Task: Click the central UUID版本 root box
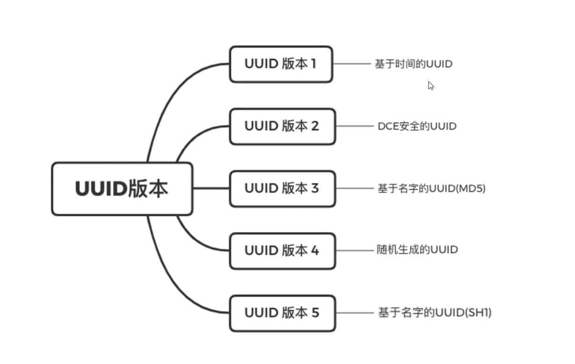coord(122,189)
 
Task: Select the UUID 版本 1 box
coord(280,64)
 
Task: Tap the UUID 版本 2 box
coord(282,126)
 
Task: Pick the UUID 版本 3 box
coord(282,188)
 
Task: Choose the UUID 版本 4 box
coord(282,251)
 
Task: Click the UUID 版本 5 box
coord(282,313)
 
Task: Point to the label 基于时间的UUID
coord(414,64)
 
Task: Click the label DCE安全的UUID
coord(417,126)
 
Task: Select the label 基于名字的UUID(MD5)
coord(431,189)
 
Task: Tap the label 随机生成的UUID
coord(417,250)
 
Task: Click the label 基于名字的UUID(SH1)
coord(435,313)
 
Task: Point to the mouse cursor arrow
coord(430,85)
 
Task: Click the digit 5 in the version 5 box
coord(315,313)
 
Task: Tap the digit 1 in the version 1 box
coord(313,64)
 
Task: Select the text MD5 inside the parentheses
coord(472,189)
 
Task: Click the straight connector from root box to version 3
coord(211,189)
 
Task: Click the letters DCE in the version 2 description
coord(388,126)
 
